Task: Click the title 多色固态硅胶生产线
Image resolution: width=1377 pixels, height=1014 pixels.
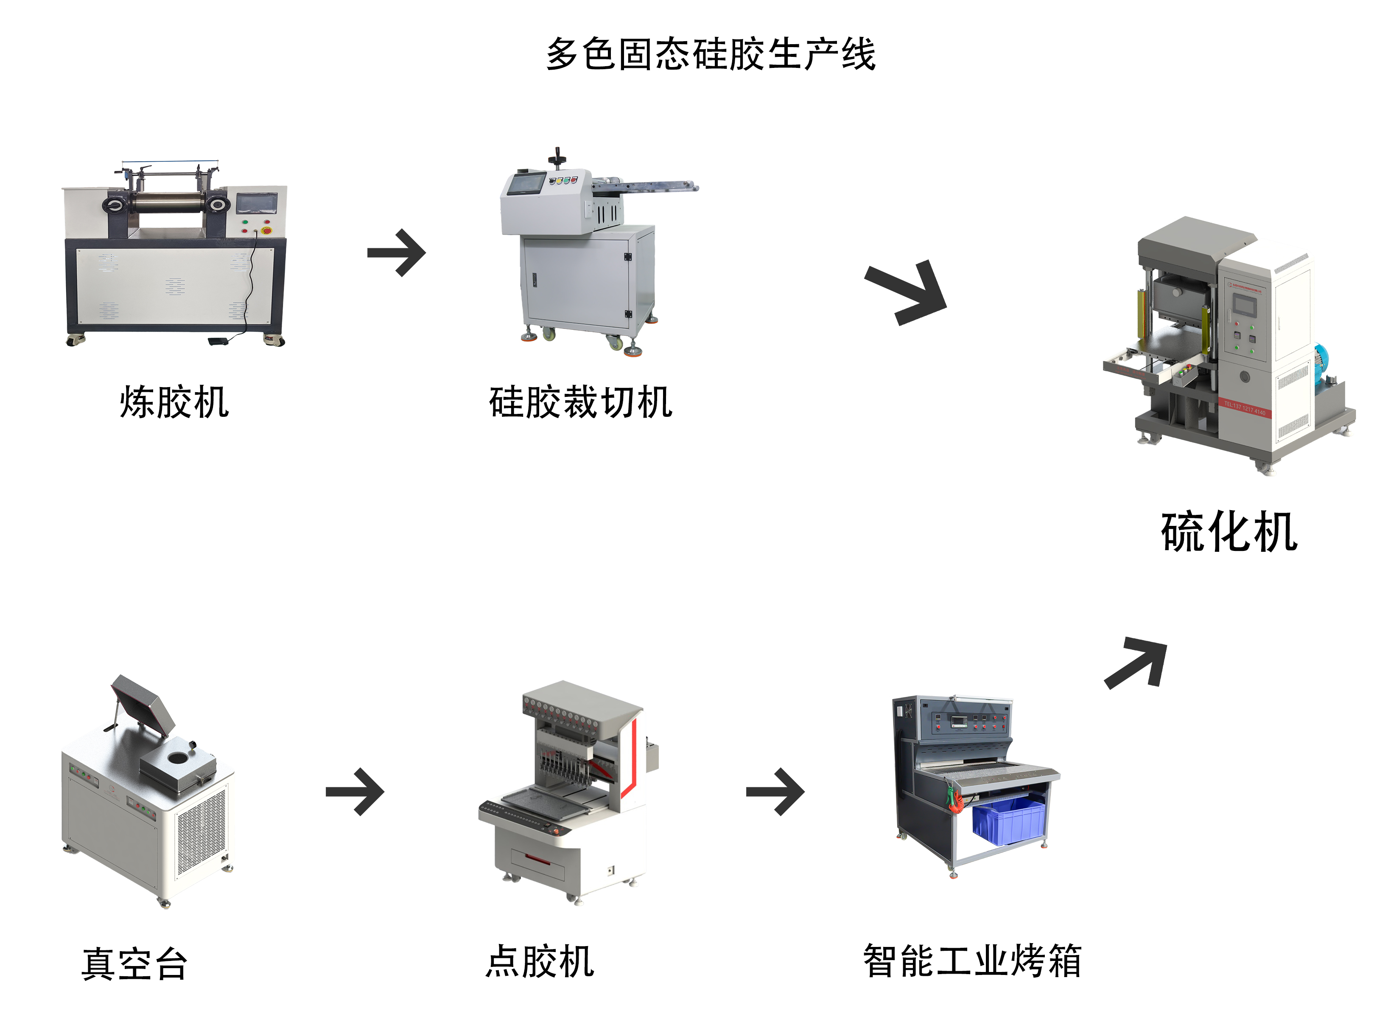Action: click(710, 54)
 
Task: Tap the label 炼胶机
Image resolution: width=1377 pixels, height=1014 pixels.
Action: click(174, 403)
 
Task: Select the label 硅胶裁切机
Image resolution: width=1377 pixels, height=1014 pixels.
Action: click(580, 403)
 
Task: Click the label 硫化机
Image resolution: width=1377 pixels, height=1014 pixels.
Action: click(1229, 531)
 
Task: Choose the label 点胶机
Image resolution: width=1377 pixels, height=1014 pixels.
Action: click(539, 961)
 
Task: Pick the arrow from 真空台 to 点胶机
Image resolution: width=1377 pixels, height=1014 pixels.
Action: click(355, 792)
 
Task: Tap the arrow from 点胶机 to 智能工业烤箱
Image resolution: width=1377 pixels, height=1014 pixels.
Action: click(775, 792)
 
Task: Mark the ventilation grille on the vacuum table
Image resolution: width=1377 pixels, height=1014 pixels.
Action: click(201, 832)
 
